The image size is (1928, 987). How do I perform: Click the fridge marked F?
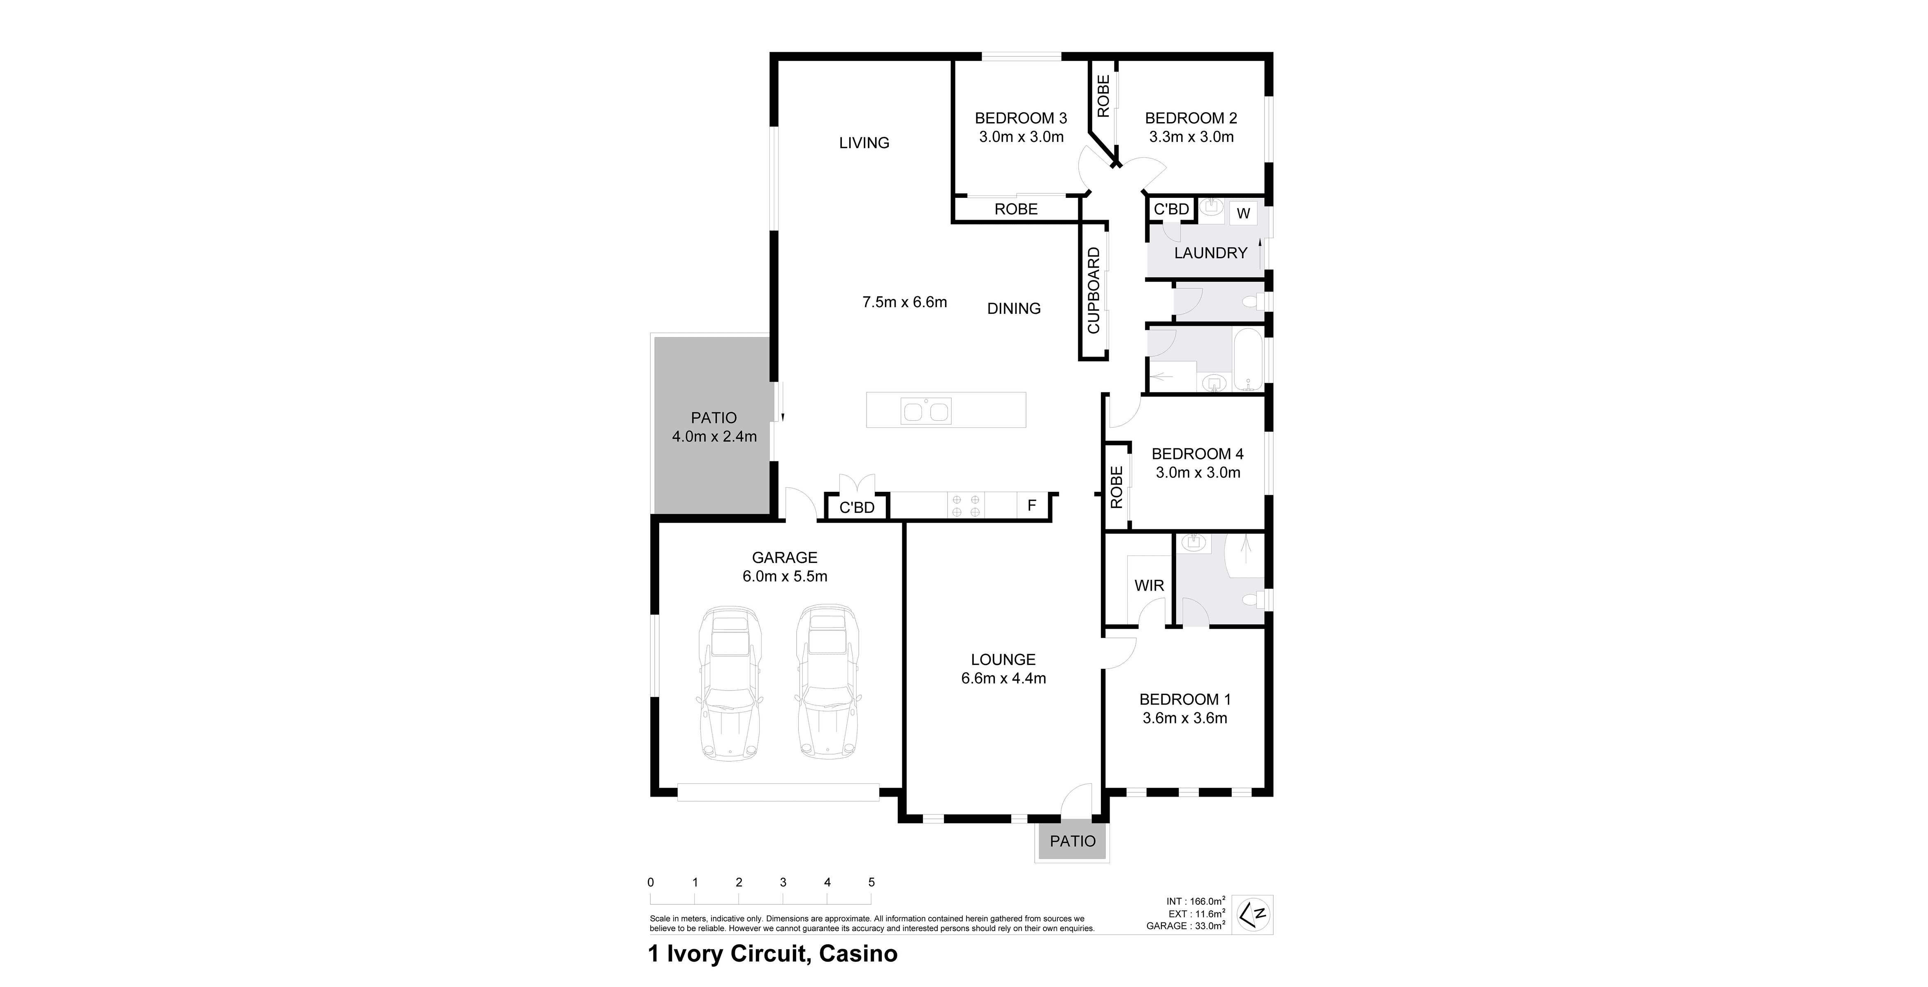tap(1031, 506)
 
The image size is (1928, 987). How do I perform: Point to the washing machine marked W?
tap(1243, 213)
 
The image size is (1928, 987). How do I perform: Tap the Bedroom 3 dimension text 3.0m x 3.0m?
tap(1021, 137)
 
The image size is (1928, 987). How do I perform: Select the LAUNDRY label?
tap(1210, 253)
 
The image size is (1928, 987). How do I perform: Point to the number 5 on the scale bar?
tap(871, 882)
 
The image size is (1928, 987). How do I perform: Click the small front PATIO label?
tap(1073, 841)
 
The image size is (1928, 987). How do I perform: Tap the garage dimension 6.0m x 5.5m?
tap(784, 576)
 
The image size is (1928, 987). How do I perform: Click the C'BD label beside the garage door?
tap(857, 507)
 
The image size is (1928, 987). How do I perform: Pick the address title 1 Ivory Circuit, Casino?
tap(772, 954)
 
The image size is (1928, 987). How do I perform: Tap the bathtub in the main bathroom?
tap(1248, 360)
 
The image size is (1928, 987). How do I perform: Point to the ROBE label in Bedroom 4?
tap(1116, 487)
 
